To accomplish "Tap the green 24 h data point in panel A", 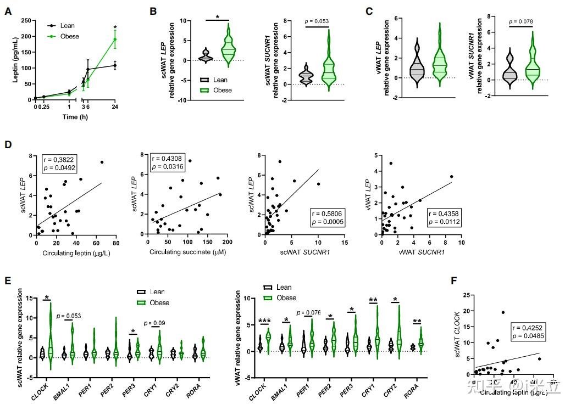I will click(x=115, y=40).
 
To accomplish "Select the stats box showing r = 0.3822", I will click(x=64, y=164).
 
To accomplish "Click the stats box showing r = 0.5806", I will click(x=328, y=217).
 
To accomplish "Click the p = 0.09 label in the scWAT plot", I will click(x=154, y=323).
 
